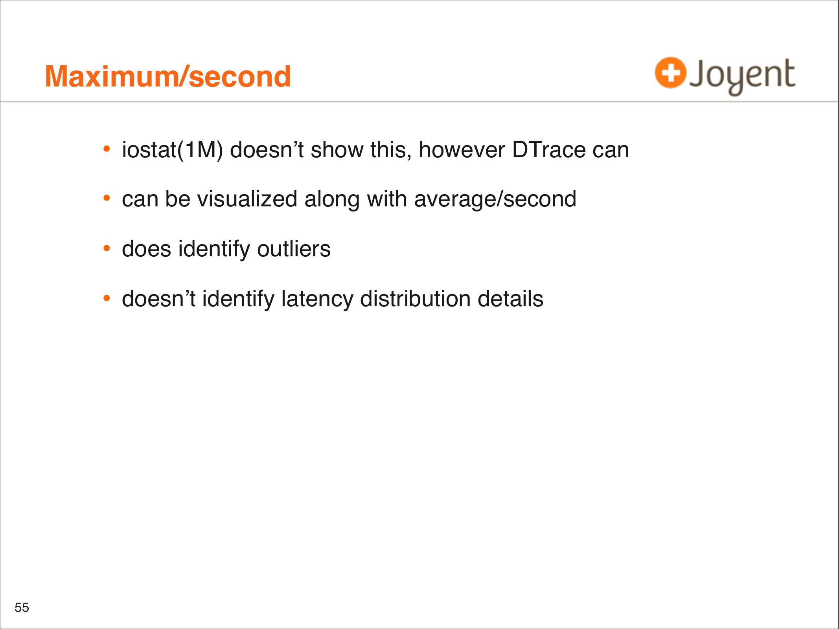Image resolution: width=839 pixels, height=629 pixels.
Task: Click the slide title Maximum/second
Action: (x=168, y=76)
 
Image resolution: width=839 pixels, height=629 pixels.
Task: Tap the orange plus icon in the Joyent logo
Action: (x=670, y=73)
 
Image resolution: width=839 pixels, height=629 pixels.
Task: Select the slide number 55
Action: (x=22, y=607)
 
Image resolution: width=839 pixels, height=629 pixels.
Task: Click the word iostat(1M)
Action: (x=173, y=150)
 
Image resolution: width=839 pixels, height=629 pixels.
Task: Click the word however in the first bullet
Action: (x=462, y=150)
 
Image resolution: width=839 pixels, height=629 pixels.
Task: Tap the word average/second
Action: (x=495, y=199)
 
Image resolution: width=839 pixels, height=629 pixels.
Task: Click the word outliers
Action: (x=294, y=249)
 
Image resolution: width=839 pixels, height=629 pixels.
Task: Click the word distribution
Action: (x=415, y=299)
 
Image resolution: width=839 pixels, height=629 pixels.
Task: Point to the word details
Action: (x=510, y=299)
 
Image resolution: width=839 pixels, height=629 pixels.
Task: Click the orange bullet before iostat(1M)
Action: (x=107, y=149)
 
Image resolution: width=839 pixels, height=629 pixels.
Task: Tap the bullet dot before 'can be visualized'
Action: (x=107, y=198)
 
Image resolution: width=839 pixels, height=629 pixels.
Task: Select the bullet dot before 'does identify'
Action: (x=107, y=248)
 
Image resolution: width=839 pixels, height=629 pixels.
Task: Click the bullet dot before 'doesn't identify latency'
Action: (x=107, y=298)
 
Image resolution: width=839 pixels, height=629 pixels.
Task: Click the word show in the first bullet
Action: (x=337, y=150)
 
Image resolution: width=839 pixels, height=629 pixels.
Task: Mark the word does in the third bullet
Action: (x=147, y=249)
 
